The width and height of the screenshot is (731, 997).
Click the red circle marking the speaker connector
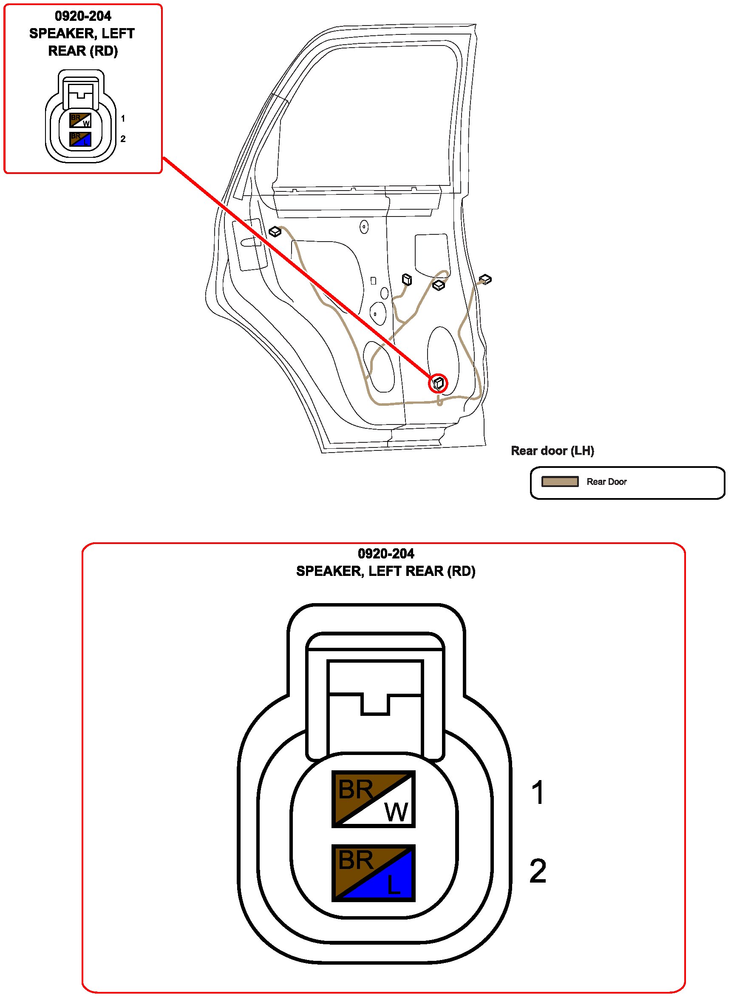438,383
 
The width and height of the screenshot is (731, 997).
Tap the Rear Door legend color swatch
560,481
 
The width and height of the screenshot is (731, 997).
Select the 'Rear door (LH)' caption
552,451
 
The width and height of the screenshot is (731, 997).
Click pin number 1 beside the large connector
538,792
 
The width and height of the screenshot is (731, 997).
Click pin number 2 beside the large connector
538,871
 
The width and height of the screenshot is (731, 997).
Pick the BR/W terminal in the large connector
374,799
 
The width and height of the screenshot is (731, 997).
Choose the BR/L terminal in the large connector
374,873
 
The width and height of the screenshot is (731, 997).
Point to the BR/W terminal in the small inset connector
80,120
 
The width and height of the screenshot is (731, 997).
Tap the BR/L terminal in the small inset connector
80,139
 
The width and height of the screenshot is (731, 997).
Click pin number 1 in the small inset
123,119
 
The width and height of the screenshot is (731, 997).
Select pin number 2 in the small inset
123,139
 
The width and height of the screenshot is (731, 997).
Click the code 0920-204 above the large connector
386,553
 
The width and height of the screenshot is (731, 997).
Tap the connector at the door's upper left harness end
275,231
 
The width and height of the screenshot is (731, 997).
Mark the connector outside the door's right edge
485,279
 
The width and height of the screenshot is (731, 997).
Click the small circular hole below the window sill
364,227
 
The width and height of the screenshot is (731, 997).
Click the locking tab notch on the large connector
375,704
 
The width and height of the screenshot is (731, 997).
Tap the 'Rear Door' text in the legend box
606,481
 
